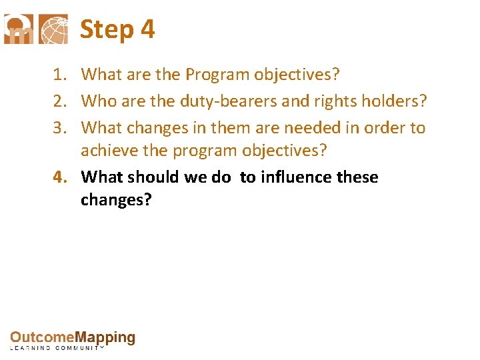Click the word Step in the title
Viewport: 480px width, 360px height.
107,29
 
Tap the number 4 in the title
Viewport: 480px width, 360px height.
148,29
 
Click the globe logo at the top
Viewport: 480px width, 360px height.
53,29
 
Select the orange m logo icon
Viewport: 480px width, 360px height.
19,29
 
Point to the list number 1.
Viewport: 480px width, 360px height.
58,75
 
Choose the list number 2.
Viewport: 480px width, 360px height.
58,101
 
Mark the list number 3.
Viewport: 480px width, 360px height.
58,127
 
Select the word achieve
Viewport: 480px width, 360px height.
105,151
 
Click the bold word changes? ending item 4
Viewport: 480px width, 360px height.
116,200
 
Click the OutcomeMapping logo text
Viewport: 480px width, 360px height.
72,338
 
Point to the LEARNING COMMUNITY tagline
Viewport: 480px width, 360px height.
57,349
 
